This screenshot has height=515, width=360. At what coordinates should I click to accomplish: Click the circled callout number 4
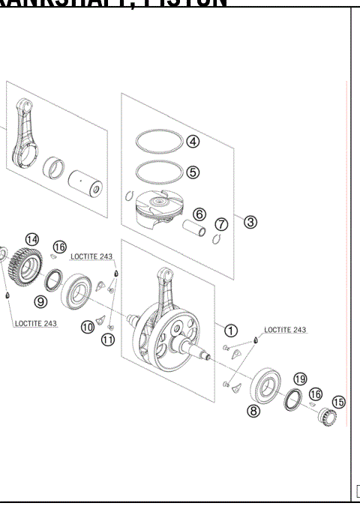(x=193, y=141)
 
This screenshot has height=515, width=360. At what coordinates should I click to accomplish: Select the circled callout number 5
(x=193, y=172)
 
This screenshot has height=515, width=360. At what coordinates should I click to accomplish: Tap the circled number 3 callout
(x=250, y=222)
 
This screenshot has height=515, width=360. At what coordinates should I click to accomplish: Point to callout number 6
(x=199, y=214)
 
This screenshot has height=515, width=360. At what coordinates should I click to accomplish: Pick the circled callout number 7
(x=221, y=224)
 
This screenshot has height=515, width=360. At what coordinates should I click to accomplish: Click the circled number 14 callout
(x=31, y=239)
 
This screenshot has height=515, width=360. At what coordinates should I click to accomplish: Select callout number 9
(x=41, y=301)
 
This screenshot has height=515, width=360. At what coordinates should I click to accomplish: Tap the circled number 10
(x=88, y=327)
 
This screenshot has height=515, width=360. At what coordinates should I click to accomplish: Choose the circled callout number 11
(x=108, y=340)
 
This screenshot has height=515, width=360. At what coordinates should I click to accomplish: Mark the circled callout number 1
(x=231, y=330)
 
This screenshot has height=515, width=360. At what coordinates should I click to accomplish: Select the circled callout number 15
(x=338, y=403)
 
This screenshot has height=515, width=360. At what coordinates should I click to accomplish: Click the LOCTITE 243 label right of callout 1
(x=284, y=330)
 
